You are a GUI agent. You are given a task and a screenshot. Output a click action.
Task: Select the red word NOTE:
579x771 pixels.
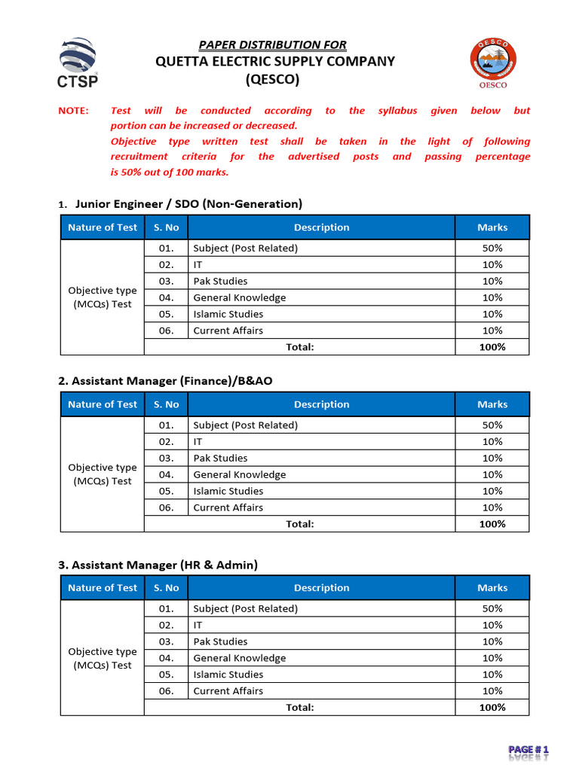[73, 111]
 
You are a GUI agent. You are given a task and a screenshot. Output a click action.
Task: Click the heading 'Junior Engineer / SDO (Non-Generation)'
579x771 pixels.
[189, 203]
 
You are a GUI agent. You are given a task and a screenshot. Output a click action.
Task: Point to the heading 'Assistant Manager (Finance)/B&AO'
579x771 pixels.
[165, 381]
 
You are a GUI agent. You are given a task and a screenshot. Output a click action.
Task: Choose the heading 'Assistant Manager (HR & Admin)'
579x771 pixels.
[158, 565]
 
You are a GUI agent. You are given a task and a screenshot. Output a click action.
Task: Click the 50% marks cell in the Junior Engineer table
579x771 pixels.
[492, 248]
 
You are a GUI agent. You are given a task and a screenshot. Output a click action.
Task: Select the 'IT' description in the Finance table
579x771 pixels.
[198, 441]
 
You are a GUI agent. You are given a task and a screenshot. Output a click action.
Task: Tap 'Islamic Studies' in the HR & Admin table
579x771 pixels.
[228, 675]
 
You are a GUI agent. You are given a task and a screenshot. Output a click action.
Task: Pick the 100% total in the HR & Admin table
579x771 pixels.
[492, 707]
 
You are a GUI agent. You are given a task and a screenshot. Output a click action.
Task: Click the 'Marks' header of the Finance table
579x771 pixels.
[492, 404]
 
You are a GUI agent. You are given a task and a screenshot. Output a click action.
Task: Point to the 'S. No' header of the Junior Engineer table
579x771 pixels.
[166, 227]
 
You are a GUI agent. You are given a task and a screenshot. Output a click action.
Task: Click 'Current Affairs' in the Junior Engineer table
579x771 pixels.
[228, 331]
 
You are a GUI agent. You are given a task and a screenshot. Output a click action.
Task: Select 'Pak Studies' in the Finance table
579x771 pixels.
[220, 458]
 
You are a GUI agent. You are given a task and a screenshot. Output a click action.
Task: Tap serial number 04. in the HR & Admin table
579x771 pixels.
[167, 658]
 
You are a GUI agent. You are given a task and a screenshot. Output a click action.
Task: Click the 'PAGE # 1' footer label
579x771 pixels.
[528, 750]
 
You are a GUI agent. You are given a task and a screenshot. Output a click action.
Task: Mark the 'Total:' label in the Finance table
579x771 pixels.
[300, 524]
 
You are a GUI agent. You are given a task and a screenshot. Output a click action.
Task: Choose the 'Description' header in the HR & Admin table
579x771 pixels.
[322, 588]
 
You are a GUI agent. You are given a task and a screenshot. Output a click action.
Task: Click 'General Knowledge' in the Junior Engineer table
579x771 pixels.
[240, 297]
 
